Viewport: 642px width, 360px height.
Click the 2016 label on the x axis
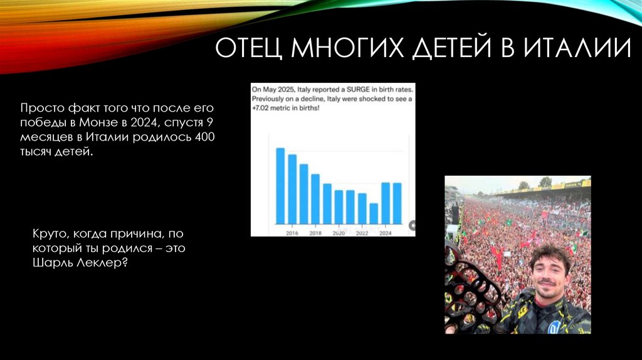(292, 232)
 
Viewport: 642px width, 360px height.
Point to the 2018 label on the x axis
(315, 232)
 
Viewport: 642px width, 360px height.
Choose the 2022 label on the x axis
(362, 232)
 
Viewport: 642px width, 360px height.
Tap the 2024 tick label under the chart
(386, 232)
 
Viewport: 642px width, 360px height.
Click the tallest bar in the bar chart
(280, 186)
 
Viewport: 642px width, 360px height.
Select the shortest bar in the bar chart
(374, 213)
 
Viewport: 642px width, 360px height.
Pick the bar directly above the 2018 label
(315, 199)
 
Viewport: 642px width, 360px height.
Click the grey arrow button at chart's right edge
(412, 225)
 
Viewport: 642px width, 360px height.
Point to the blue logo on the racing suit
(554, 327)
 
